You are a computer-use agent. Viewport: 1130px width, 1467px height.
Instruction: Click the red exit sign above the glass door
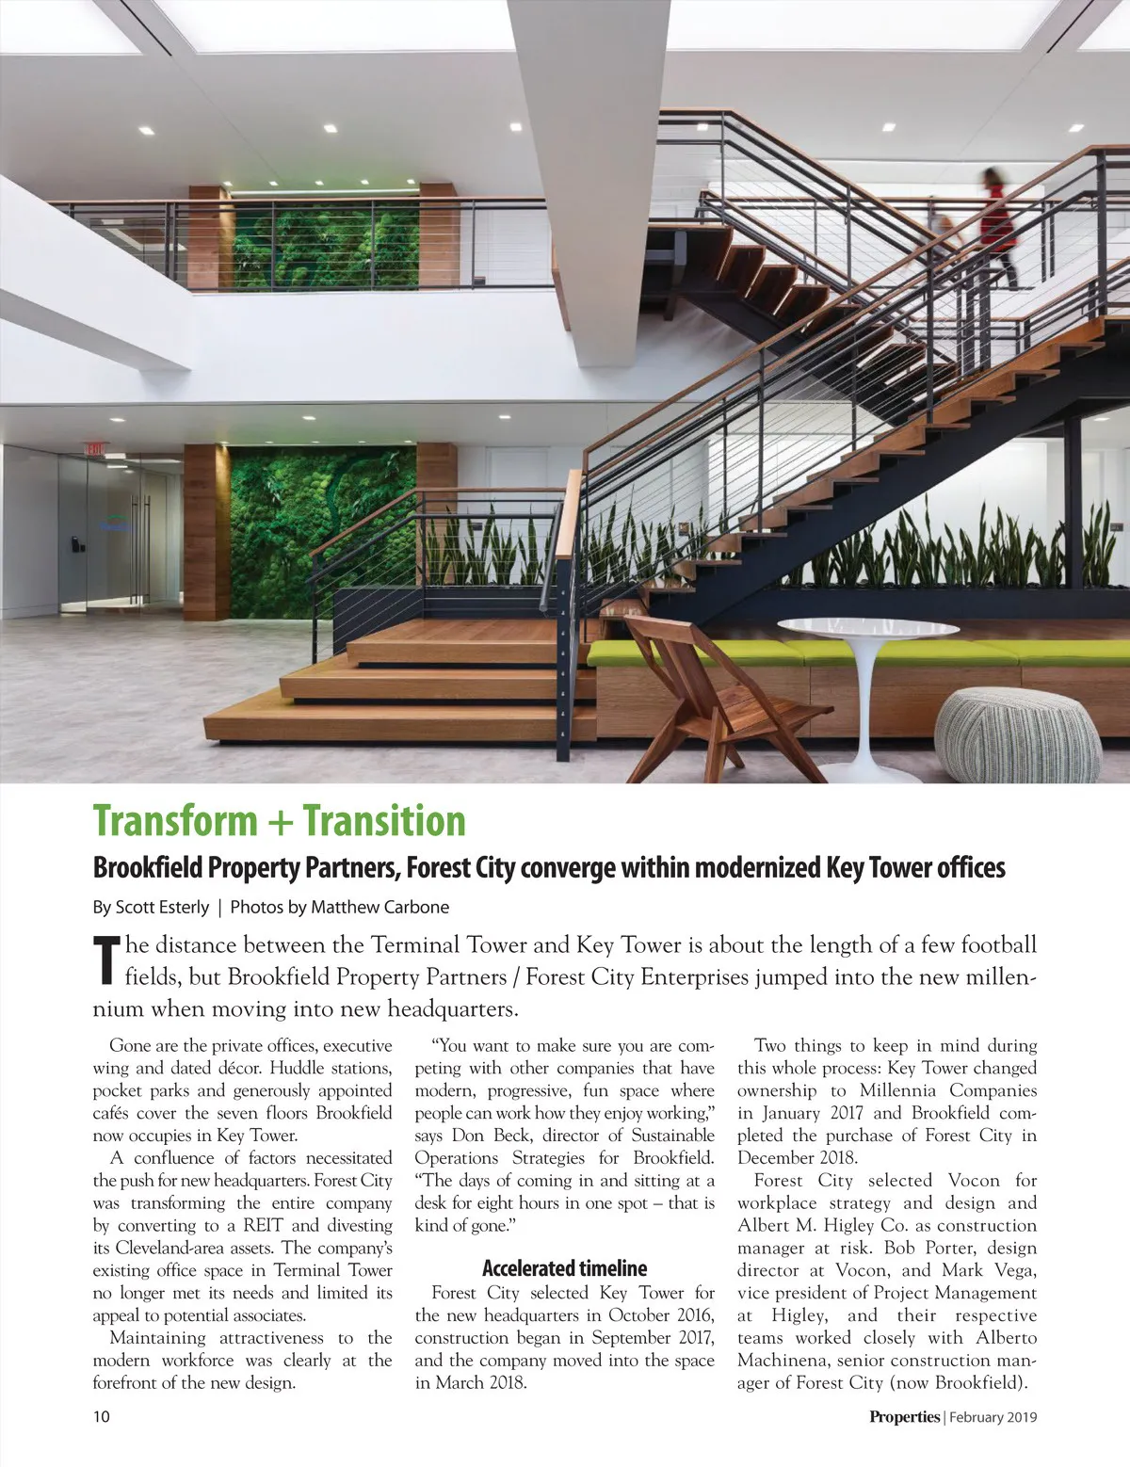(95, 448)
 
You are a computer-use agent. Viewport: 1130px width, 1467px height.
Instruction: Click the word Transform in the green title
(176, 821)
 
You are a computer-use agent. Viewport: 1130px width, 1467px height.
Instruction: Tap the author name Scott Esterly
(162, 907)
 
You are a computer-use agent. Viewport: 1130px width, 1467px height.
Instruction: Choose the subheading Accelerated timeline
(564, 1267)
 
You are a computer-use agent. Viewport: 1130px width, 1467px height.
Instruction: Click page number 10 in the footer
(102, 1416)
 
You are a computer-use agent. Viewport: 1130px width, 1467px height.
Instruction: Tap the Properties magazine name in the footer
(904, 1416)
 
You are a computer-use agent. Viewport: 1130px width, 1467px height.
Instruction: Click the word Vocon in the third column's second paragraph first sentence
(974, 1181)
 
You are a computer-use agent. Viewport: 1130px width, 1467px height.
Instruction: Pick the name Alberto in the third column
(1006, 1338)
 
